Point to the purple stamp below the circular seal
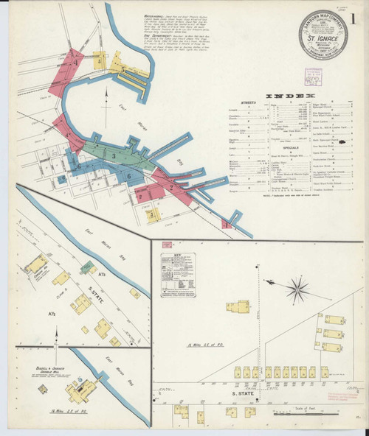pos(313,77)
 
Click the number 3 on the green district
pos(114,155)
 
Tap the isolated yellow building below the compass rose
pos(238,305)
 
